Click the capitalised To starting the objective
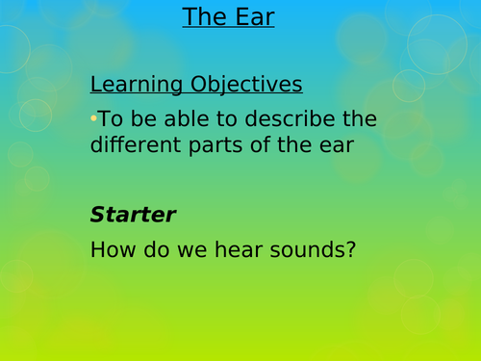point(109,120)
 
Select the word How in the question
point(114,251)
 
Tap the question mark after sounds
point(350,251)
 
